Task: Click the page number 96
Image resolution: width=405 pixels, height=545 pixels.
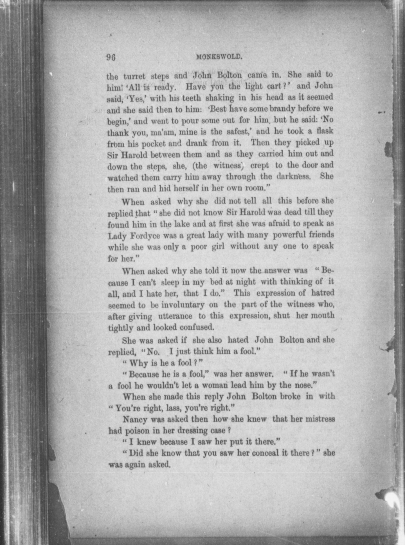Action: tap(111, 57)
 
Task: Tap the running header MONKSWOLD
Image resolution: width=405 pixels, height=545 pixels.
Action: tap(219, 57)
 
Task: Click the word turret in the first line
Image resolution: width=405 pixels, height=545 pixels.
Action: tap(134, 76)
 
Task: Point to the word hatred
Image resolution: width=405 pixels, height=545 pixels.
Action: tap(323, 293)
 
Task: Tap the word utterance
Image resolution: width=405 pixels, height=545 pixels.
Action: tap(175, 316)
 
